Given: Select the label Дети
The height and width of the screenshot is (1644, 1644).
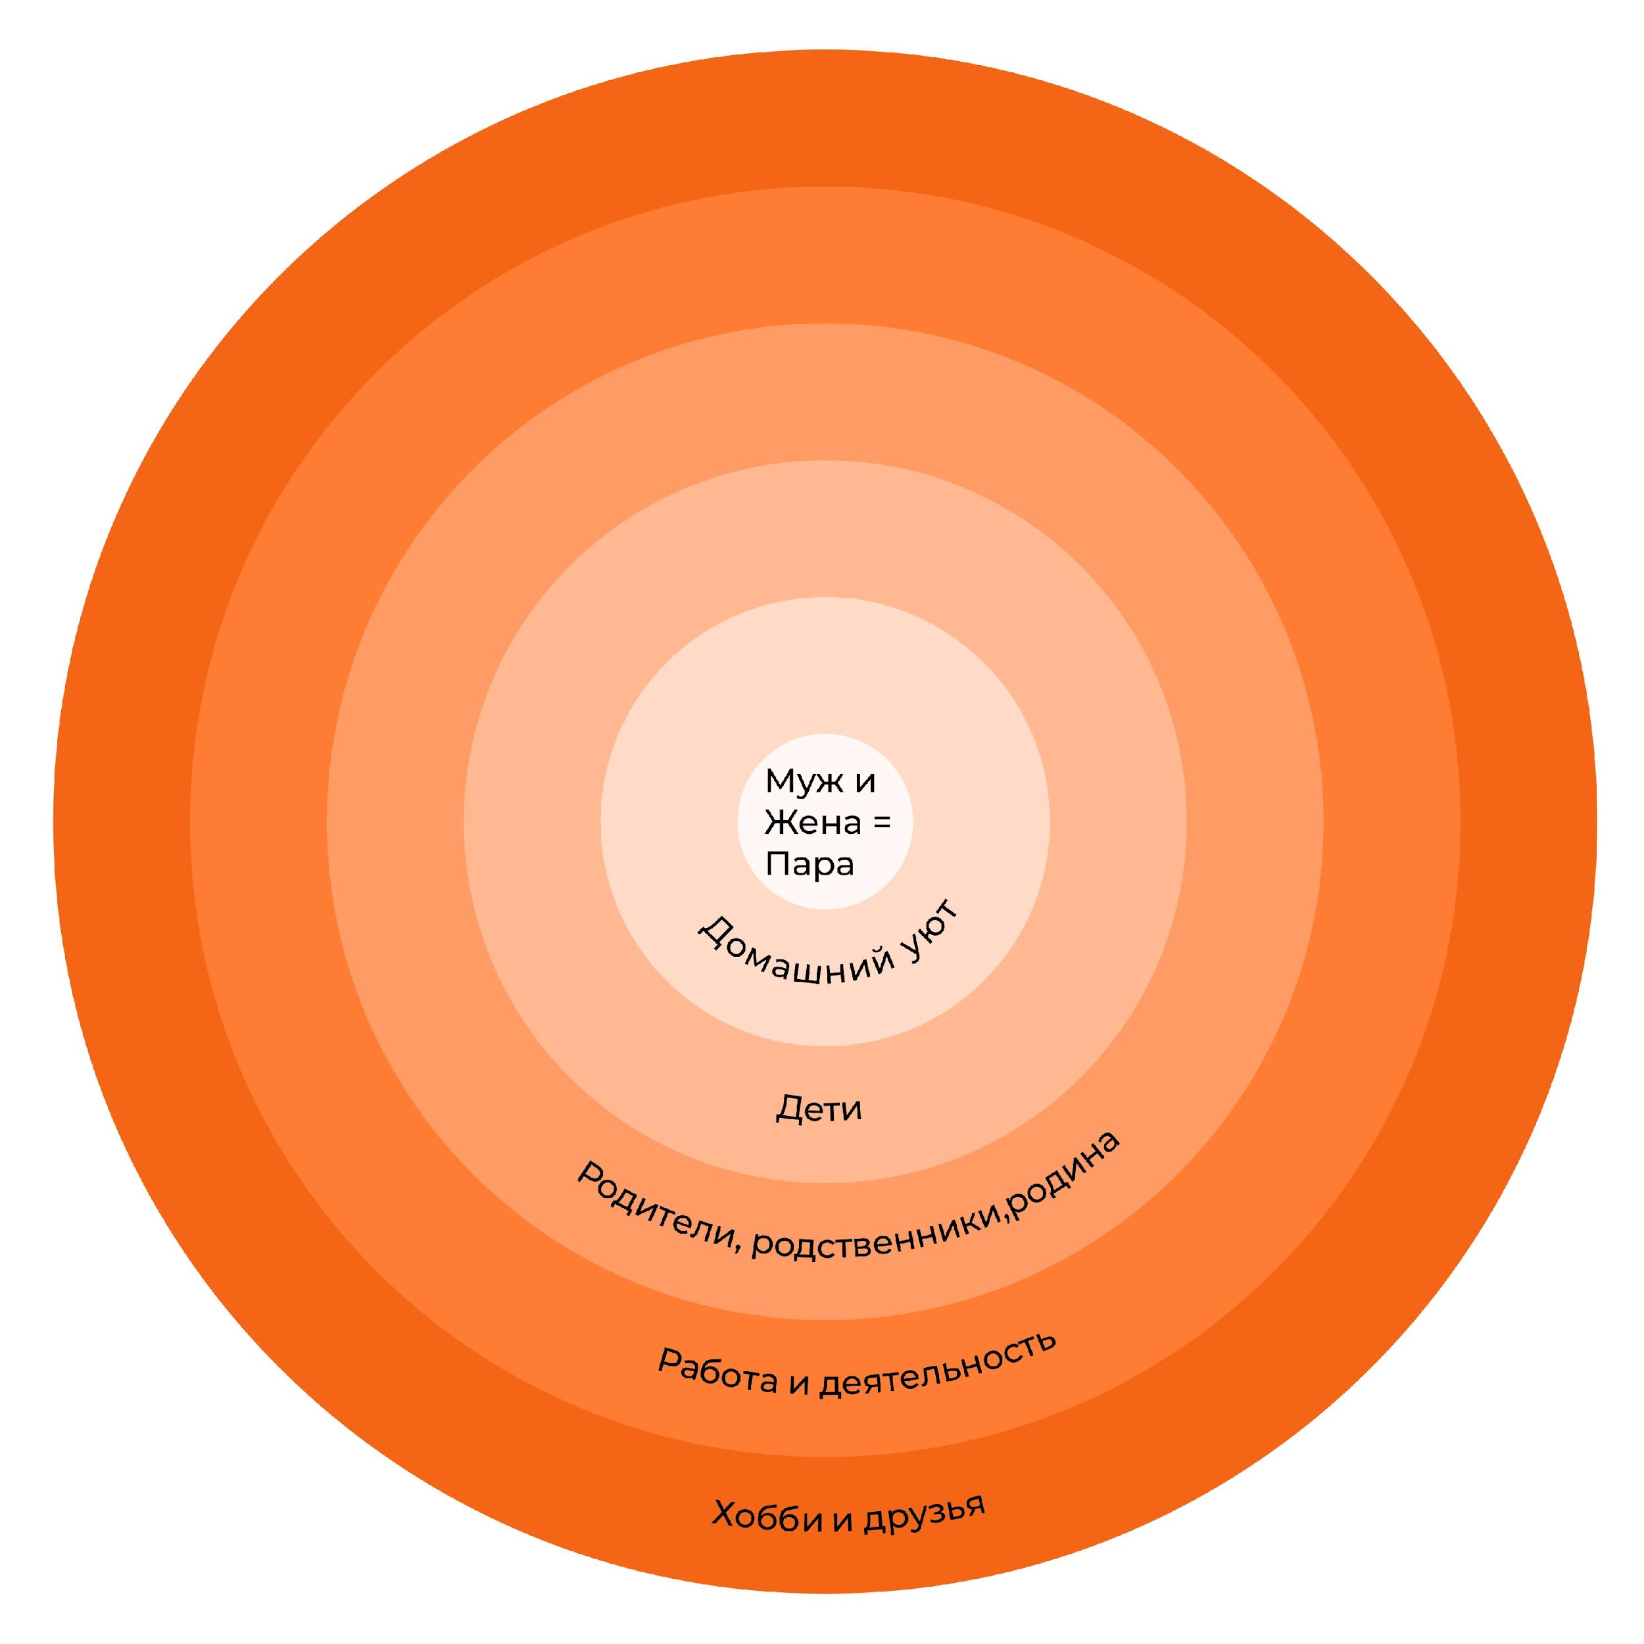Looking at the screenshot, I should point(819,1109).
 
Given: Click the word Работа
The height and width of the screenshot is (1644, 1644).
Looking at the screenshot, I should point(717,1372).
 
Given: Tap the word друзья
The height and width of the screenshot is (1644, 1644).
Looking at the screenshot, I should point(925,1512).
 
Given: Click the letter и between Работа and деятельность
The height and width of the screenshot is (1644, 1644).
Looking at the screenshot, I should point(797,1384).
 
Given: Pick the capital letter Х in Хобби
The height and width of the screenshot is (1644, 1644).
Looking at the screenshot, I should point(724,1514).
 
